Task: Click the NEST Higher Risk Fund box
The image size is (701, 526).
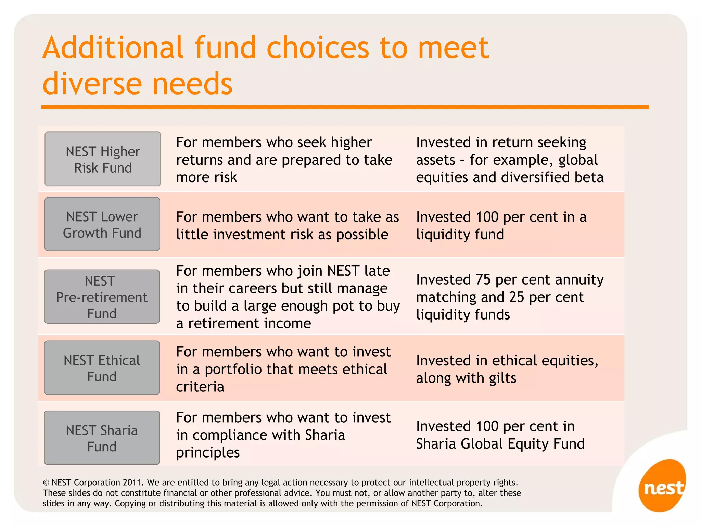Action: click(x=103, y=159)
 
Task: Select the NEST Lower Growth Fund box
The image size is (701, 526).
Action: click(x=102, y=224)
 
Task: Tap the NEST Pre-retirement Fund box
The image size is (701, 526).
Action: click(x=102, y=297)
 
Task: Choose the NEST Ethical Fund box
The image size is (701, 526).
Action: click(x=102, y=368)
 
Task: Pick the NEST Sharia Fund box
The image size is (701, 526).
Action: click(x=102, y=438)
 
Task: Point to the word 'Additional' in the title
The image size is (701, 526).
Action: click(x=113, y=48)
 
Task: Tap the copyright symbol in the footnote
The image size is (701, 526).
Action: click(x=46, y=483)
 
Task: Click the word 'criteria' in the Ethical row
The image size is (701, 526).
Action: click(x=200, y=387)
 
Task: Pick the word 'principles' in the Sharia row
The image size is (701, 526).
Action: click(x=208, y=453)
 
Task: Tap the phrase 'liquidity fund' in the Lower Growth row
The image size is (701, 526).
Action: click(x=460, y=235)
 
